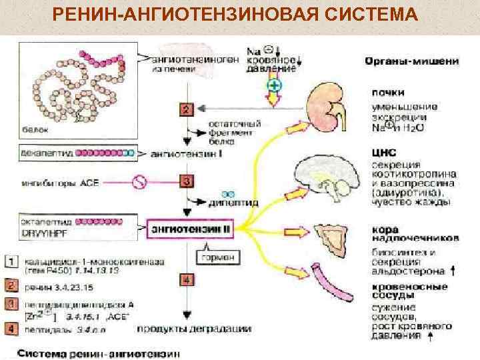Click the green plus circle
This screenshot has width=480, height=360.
(x=273, y=86)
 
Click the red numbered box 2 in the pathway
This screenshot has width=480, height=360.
(x=187, y=109)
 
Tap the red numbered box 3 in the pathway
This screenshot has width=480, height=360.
(x=187, y=181)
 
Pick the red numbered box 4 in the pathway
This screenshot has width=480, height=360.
(x=187, y=280)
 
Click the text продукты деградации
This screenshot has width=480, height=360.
(x=194, y=328)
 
